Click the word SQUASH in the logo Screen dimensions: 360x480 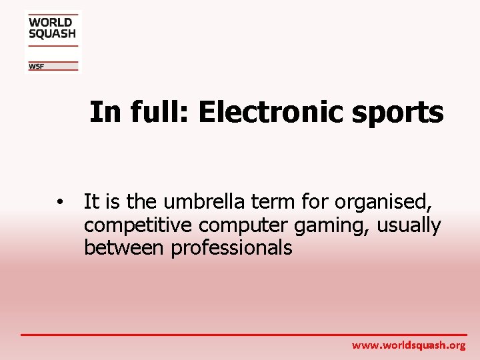52,33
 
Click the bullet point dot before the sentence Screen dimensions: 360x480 60,202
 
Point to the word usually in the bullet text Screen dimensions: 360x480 409,225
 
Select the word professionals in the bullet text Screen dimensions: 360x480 231,248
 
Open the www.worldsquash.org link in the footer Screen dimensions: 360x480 409,345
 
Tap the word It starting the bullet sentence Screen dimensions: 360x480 91,201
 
